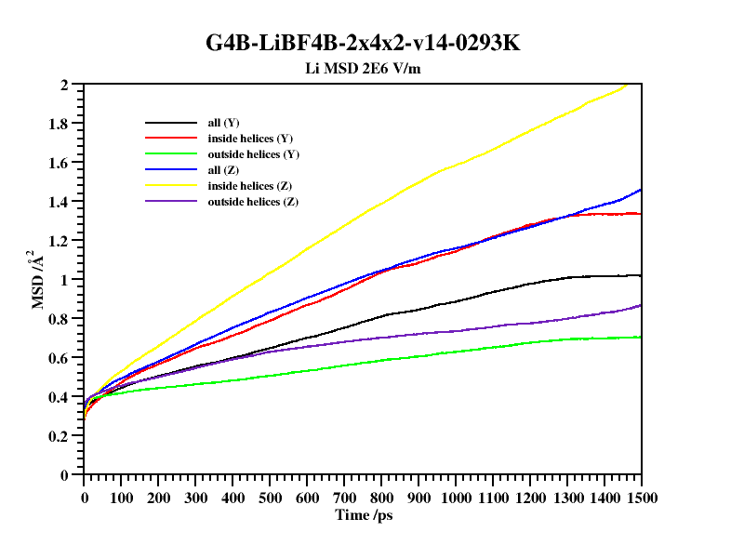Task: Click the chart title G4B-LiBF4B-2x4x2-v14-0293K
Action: click(x=370, y=43)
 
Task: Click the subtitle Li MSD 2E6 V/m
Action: click(x=370, y=68)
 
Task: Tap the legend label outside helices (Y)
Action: click(x=253, y=154)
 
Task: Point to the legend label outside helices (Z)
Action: click(x=253, y=202)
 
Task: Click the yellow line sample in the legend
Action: click(x=171, y=186)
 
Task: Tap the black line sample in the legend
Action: click(x=171, y=123)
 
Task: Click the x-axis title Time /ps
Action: click(x=363, y=514)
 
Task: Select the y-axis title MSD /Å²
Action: click(x=38, y=280)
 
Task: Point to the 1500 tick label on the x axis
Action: click(x=641, y=498)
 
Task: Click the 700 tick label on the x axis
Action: click(x=344, y=498)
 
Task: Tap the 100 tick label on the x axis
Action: click(x=121, y=498)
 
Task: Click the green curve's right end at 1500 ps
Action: click(x=641, y=337)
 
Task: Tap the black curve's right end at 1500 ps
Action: click(x=641, y=275)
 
